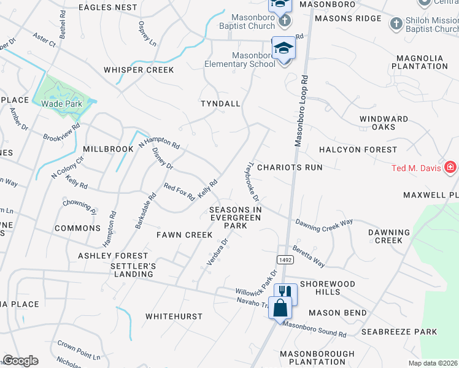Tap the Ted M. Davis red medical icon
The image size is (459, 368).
tap(450, 167)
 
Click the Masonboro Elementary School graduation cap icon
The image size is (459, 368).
tap(283, 48)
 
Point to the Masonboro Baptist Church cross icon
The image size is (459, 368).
tap(284, 21)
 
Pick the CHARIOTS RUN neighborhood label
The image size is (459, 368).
tap(290, 167)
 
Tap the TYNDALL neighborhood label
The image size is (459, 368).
tap(220, 104)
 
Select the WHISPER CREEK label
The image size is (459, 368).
tap(139, 70)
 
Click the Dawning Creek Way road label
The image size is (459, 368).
tap(324, 225)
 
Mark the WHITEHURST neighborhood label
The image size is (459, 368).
tap(174, 316)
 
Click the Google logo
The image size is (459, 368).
tap(20, 361)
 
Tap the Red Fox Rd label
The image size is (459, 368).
tap(179, 192)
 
